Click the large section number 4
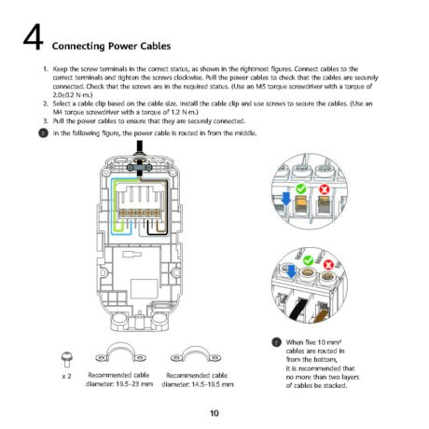pos(33,37)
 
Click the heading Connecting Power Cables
pos(111,46)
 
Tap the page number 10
pos(214,413)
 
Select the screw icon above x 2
pos(66,360)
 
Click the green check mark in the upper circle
pos(301,188)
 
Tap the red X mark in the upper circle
pos(324,189)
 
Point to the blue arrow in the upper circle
pos(285,199)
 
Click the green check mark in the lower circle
pos(308,260)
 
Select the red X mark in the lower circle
pos(328,265)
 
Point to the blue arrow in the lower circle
pos(291,271)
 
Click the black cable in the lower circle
pos(298,309)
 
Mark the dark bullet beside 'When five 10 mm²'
pos(276,342)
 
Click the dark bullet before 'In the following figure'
pos(43,133)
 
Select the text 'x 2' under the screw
pos(66,376)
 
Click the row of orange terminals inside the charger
pos(140,213)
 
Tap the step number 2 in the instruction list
pos(46,104)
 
